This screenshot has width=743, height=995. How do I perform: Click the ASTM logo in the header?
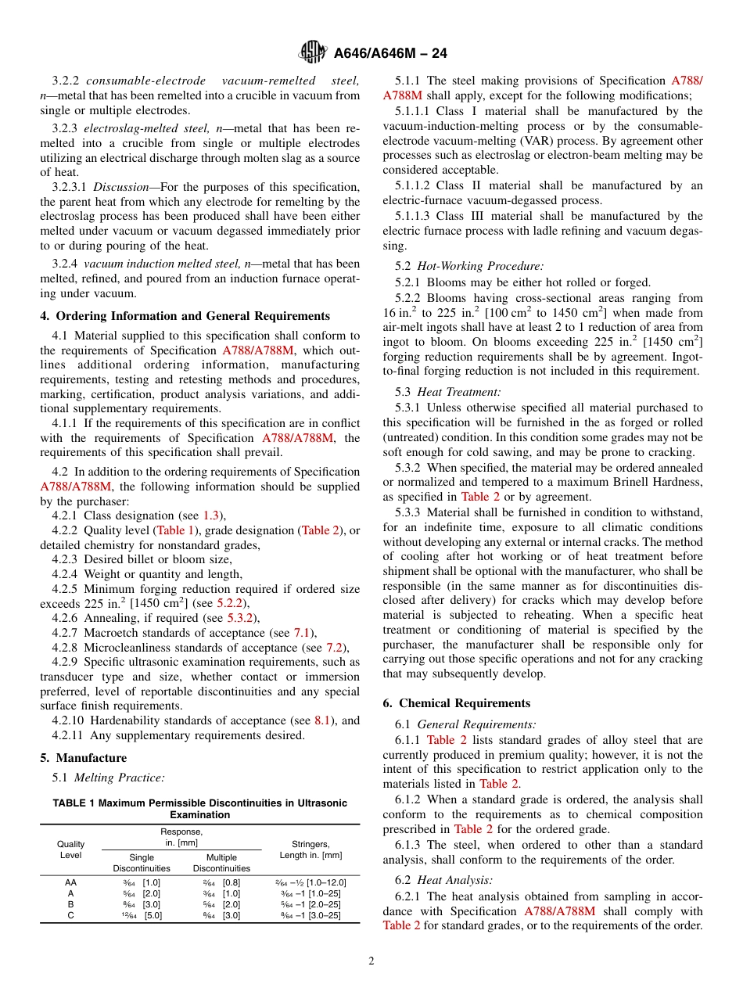(x=313, y=53)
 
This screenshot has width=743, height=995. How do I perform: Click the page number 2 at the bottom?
(x=371, y=961)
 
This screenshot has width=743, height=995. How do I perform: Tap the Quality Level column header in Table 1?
(x=70, y=850)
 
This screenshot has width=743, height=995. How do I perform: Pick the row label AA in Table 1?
(x=70, y=882)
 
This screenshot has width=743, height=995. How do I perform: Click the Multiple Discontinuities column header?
(x=221, y=863)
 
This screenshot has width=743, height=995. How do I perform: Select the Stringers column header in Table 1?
(x=310, y=850)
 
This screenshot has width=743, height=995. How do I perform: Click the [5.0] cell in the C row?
(x=153, y=915)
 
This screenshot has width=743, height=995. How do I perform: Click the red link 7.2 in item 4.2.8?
(x=334, y=647)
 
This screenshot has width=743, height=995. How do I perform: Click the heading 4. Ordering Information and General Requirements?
(x=185, y=316)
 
